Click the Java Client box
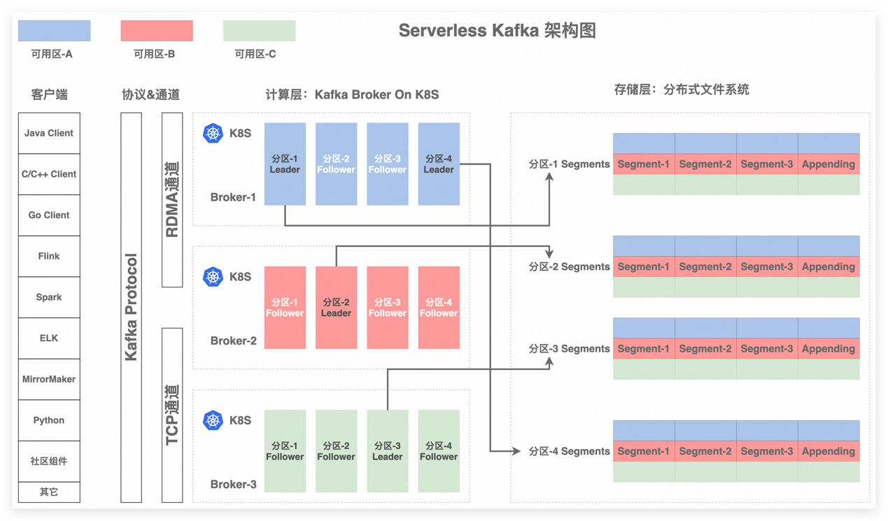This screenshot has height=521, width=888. (x=49, y=133)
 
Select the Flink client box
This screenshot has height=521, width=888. (x=49, y=256)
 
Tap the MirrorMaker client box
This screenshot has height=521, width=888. (x=49, y=379)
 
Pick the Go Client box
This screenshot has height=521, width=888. (x=49, y=215)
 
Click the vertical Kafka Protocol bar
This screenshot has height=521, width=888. (x=131, y=308)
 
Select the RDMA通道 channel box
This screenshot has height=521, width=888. (x=172, y=200)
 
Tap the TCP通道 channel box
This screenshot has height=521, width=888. (x=172, y=415)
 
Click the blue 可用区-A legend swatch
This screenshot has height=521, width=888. (x=54, y=31)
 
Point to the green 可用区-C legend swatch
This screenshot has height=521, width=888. (x=259, y=31)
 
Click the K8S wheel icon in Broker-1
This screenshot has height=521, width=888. (x=213, y=133)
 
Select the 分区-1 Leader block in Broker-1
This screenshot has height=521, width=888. (x=285, y=164)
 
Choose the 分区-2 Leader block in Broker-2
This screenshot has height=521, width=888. (x=336, y=308)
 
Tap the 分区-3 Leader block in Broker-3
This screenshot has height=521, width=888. (x=387, y=451)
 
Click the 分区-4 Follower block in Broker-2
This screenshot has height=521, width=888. (x=439, y=308)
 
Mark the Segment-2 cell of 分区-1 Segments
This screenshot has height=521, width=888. (x=705, y=164)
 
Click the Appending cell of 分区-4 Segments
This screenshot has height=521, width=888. (x=829, y=451)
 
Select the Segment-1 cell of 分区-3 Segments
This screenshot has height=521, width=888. (x=644, y=349)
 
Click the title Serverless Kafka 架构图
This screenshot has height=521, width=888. (x=497, y=31)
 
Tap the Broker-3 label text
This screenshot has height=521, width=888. (x=233, y=484)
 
